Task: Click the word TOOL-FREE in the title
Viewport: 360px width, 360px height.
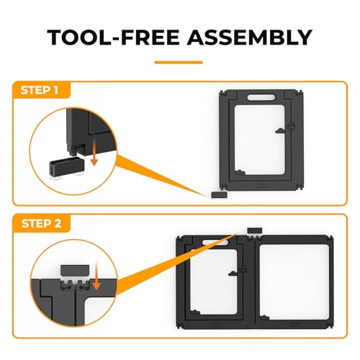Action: click(x=113, y=37)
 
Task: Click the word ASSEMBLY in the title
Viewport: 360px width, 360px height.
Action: click(x=250, y=37)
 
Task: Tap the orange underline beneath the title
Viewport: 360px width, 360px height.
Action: click(x=179, y=63)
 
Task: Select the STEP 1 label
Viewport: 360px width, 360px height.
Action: click(x=40, y=90)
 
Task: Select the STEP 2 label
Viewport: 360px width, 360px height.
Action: click(x=41, y=224)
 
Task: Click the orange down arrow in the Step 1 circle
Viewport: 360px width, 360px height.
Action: click(x=94, y=153)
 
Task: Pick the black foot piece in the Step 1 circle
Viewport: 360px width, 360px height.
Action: click(x=67, y=167)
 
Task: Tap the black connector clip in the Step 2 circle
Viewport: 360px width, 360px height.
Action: click(x=75, y=271)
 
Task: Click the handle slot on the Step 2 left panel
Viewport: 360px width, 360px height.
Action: click(x=215, y=243)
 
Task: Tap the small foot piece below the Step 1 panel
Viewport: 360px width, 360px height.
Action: click(x=219, y=194)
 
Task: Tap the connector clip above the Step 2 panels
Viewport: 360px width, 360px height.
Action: click(x=255, y=231)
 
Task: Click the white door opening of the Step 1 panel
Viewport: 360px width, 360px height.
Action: click(x=259, y=140)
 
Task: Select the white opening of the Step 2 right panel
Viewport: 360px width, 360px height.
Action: click(x=294, y=282)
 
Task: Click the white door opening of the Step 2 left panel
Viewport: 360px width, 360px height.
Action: click(x=214, y=282)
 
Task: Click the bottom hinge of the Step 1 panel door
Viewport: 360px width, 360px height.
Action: click(x=240, y=172)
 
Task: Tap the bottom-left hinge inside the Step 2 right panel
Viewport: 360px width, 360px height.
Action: click(x=265, y=318)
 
